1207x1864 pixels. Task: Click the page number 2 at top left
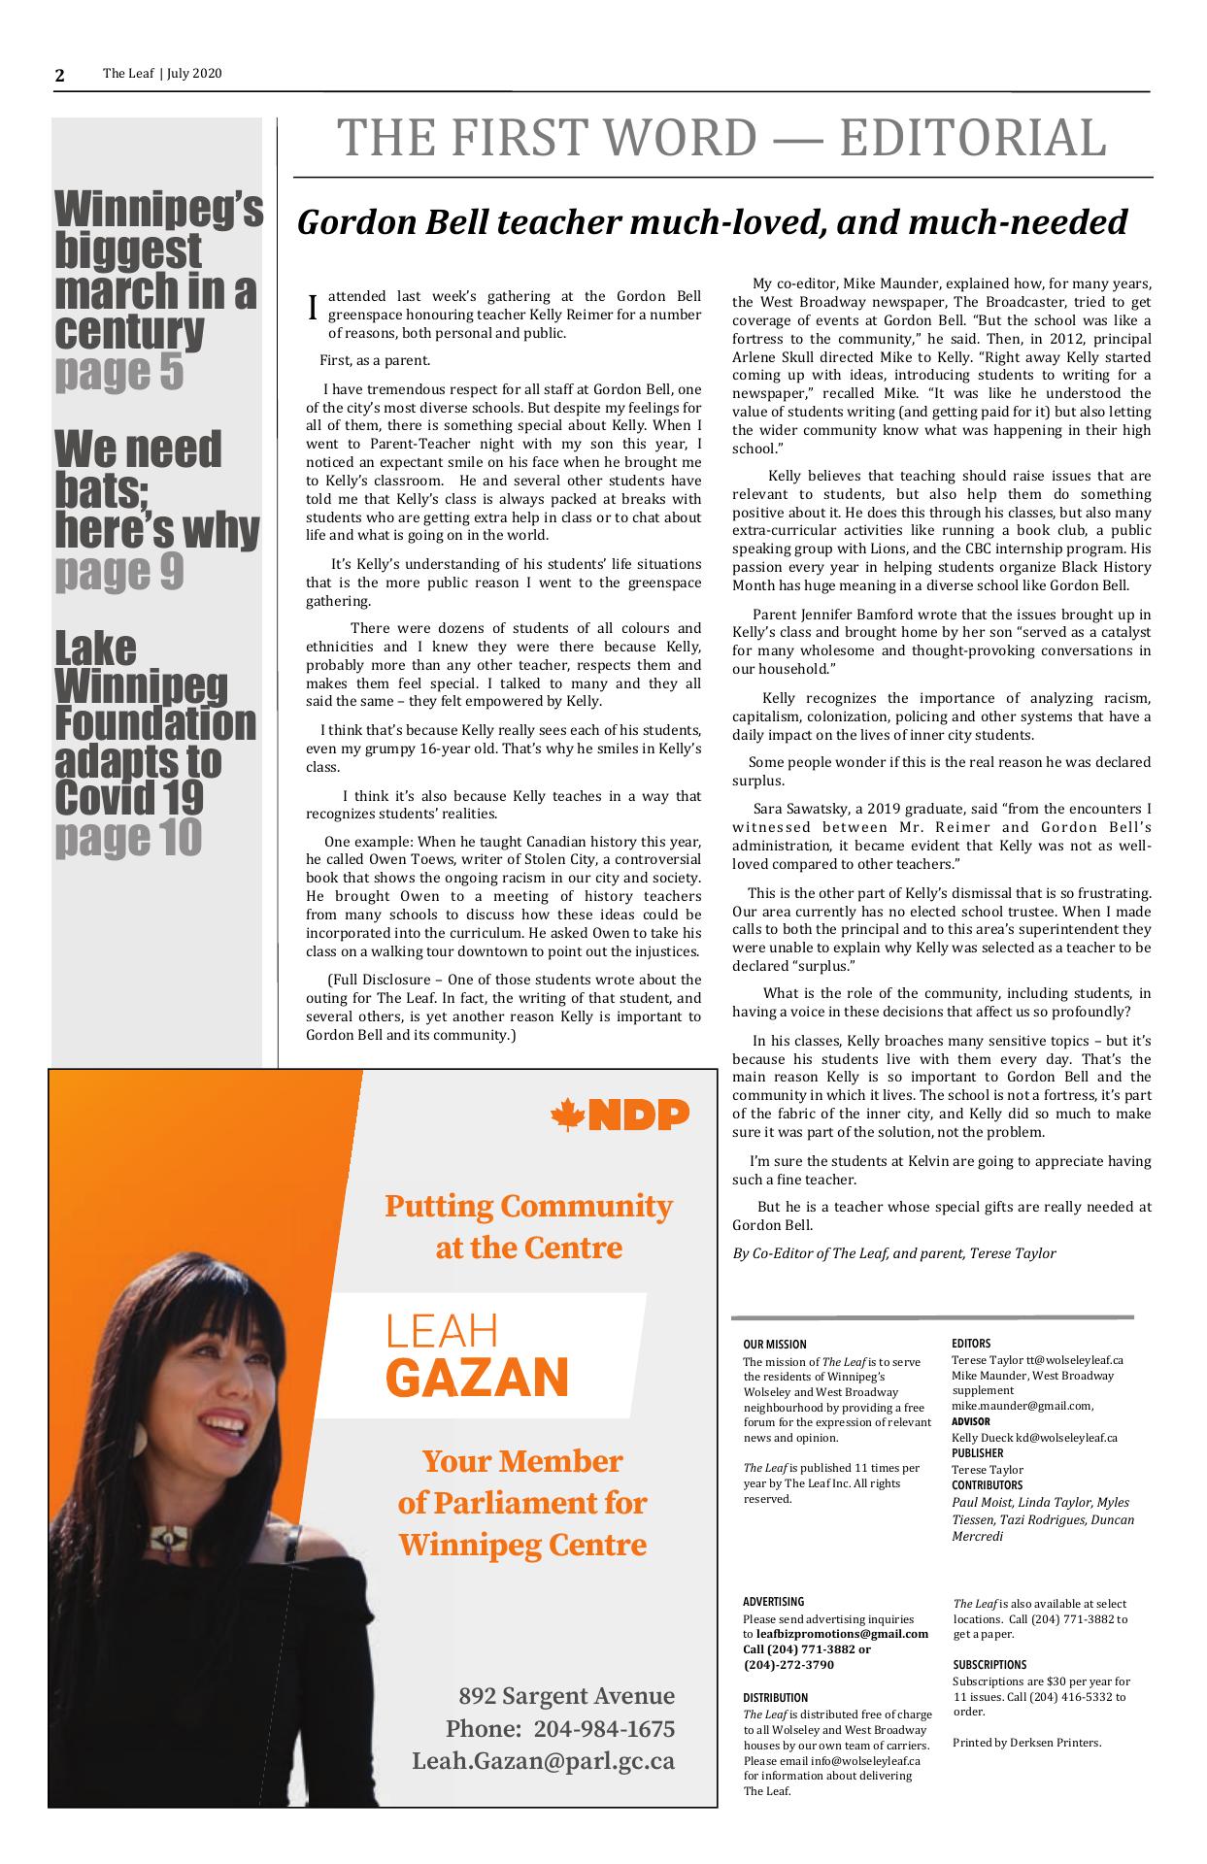pyautogui.click(x=60, y=76)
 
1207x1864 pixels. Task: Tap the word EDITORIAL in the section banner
pyautogui.click(x=972, y=138)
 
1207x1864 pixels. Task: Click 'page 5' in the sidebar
pyautogui.click(x=118, y=371)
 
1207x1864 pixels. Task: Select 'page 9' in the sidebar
pyautogui.click(x=118, y=571)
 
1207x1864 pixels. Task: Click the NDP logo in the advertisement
pyautogui.click(x=620, y=1115)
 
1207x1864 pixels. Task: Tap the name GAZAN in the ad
pyautogui.click(x=477, y=1376)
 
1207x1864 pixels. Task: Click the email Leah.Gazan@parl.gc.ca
pyautogui.click(x=543, y=1760)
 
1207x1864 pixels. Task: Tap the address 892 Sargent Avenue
pyautogui.click(x=566, y=1696)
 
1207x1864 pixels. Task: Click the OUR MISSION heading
pyautogui.click(x=774, y=1345)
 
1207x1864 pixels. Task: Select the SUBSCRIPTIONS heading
pyautogui.click(x=989, y=1665)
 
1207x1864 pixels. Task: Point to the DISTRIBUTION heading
pyautogui.click(x=775, y=1698)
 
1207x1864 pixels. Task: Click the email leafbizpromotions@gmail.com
pyautogui.click(x=842, y=1634)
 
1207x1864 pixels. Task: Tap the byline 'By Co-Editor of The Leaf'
pyautogui.click(x=893, y=1253)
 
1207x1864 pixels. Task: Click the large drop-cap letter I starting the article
pyautogui.click(x=312, y=307)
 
